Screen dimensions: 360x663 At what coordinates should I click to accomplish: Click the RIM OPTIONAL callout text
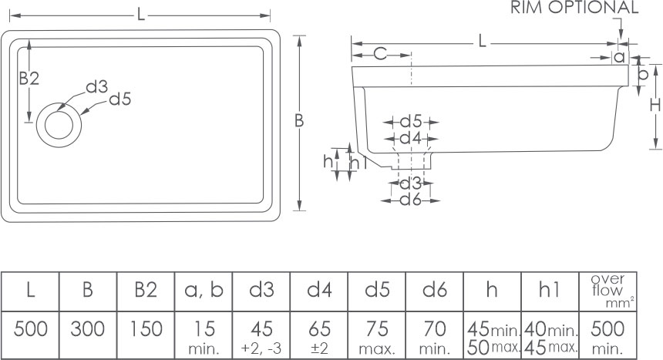coord(575,8)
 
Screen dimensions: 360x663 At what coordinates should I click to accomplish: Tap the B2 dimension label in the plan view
coord(29,78)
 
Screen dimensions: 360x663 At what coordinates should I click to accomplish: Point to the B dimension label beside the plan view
coord(299,120)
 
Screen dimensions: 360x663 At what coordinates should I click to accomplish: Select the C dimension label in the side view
coord(380,53)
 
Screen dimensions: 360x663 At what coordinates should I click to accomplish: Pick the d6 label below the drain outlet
coord(411,199)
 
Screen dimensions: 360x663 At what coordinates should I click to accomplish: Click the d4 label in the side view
coord(411,138)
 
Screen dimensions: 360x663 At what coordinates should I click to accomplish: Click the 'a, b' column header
coord(204,290)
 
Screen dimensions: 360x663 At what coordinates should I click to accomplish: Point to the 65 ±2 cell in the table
coord(319,334)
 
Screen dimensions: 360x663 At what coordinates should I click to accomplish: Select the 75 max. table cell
coord(377,334)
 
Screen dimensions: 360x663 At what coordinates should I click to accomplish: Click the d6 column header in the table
coord(435,290)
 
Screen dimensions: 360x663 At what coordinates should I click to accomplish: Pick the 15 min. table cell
coord(204,334)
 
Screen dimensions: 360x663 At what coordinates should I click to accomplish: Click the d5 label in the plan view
coord(120,99)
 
